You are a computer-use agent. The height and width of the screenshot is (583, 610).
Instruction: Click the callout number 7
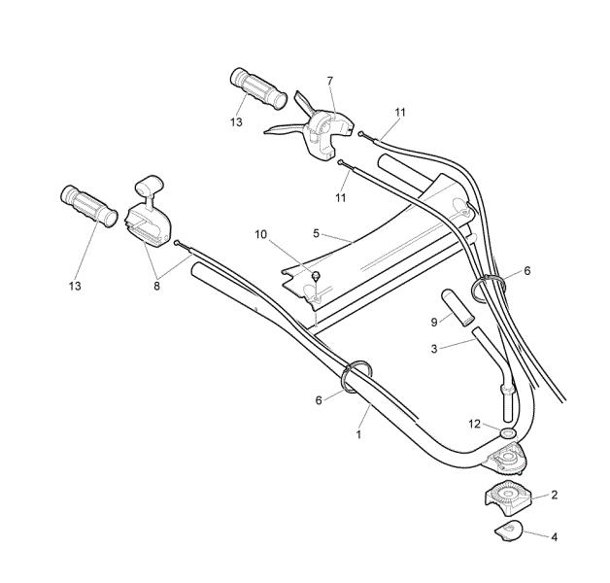click(x=330, y=81)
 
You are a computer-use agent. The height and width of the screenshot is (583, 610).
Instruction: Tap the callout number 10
click(x=261, y=234)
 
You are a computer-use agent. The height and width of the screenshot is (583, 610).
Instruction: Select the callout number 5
click(x=316, y=233)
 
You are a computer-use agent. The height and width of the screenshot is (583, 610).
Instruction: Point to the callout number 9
click(x=434, y=322)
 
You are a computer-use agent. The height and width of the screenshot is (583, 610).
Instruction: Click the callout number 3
click(x=434, y=348)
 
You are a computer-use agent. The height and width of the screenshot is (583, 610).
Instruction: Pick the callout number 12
click(x=475, y=424)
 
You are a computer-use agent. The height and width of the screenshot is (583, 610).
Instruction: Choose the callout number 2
click(x=554, y=495)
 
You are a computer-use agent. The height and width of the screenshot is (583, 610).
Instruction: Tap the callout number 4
click(x=554, y=537)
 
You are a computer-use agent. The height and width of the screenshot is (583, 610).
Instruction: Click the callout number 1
click(x=358, y=434)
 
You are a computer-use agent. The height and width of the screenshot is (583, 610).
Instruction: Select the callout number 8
click(x=156, y=286)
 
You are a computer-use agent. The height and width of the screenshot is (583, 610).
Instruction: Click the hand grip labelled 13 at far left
click(x=89, y=205)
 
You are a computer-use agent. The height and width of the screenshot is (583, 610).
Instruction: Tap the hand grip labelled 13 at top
click(x=258, y=88)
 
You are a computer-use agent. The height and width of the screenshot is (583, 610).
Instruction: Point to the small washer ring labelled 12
click(x=508, y=432)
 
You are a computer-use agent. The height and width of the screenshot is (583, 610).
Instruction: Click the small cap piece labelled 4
click(x=508, y=531)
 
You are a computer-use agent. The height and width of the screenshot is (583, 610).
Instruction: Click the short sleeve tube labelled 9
click(x=457, y=306)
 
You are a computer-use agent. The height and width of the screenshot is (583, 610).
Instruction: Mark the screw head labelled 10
click(x=316, y=276)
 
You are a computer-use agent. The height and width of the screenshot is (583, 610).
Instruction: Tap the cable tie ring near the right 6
click(x=488, y=289)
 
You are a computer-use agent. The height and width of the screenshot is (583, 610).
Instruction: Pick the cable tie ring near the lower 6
click(x=356, y=376)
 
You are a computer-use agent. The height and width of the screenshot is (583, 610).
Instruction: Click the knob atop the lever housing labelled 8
click(x=149, y=184)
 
